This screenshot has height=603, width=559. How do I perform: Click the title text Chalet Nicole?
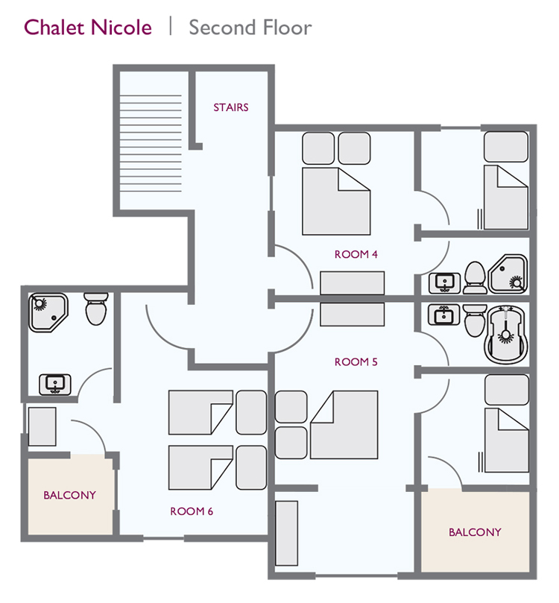(x=88, y=28)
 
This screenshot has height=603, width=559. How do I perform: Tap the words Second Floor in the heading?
(x=250, y=28)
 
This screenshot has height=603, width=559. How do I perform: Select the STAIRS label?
(x=231, y=107)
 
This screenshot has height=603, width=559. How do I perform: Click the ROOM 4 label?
(x=356, y=254)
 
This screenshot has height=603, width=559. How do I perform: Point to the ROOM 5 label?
(x=356, y=362)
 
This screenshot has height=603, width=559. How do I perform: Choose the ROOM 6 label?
(x=192, y=511)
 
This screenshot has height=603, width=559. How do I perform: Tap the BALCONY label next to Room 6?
(x=69, y=495)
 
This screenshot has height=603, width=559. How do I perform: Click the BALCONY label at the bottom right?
(x=475, y=532)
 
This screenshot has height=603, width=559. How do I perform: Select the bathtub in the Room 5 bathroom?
(x=507, y=332)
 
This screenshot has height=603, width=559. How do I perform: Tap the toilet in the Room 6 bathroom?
(x=96, y=309)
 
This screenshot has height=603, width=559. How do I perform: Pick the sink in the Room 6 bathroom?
(x=54, y=384)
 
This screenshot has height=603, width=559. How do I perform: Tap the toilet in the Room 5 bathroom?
(x=473, y=321)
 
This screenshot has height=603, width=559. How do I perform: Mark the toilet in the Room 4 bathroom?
(x=473, y=277)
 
